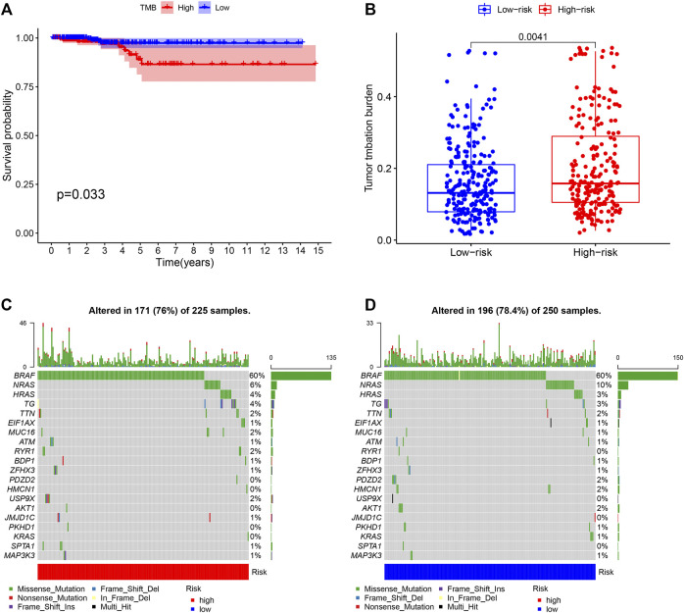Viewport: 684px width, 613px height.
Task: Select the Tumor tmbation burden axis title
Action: point(369,137)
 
